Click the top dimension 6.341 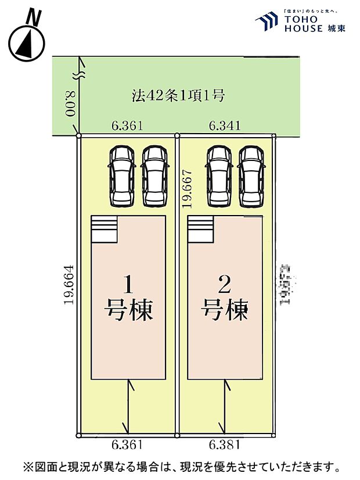click(222, 125)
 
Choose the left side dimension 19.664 click(69, 285)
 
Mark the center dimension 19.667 click(186, 189)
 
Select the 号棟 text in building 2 click(225, 310)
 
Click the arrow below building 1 click(129, 407)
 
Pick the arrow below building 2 click(225, 407)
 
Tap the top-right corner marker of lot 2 click(273, 136)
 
